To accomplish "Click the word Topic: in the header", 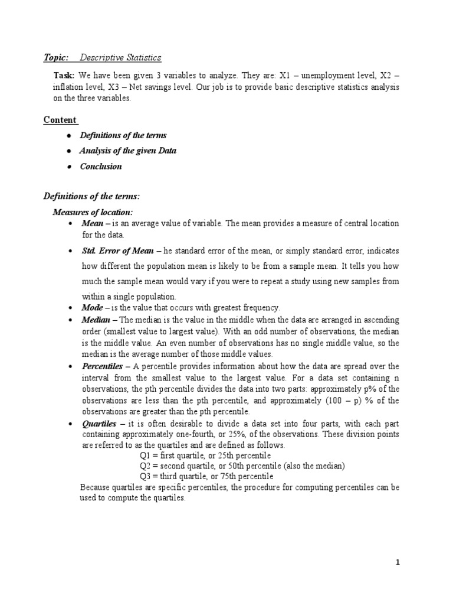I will tap(56, 57).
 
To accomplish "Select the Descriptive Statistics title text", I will tap(120, 57).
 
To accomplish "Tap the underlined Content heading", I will tap(61, 120).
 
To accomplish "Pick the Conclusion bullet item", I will tap(101, 166).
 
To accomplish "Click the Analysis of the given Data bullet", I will tap(128, 151).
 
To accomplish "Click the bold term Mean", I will tap(93, 223).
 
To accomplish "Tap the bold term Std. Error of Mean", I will tap(117, 251).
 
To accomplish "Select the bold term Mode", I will tap(93, 308).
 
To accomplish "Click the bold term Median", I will tap(96, 320).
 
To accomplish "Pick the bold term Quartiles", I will tap(100, 424).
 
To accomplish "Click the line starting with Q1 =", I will tap(205, 456).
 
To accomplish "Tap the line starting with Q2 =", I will tap(242, 466).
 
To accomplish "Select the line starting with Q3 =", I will tap(206, 477).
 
